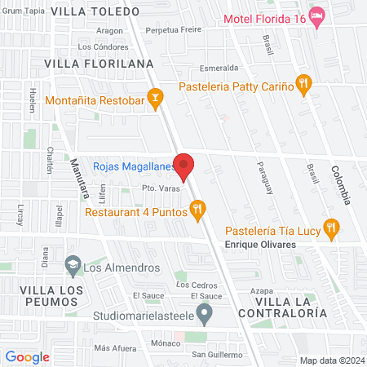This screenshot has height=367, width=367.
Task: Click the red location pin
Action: coord(185,166)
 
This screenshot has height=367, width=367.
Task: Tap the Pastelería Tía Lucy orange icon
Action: coord(330,228)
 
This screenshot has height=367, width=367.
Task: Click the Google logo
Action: coord(27,356)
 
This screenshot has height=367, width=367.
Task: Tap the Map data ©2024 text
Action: coord(330,360)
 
